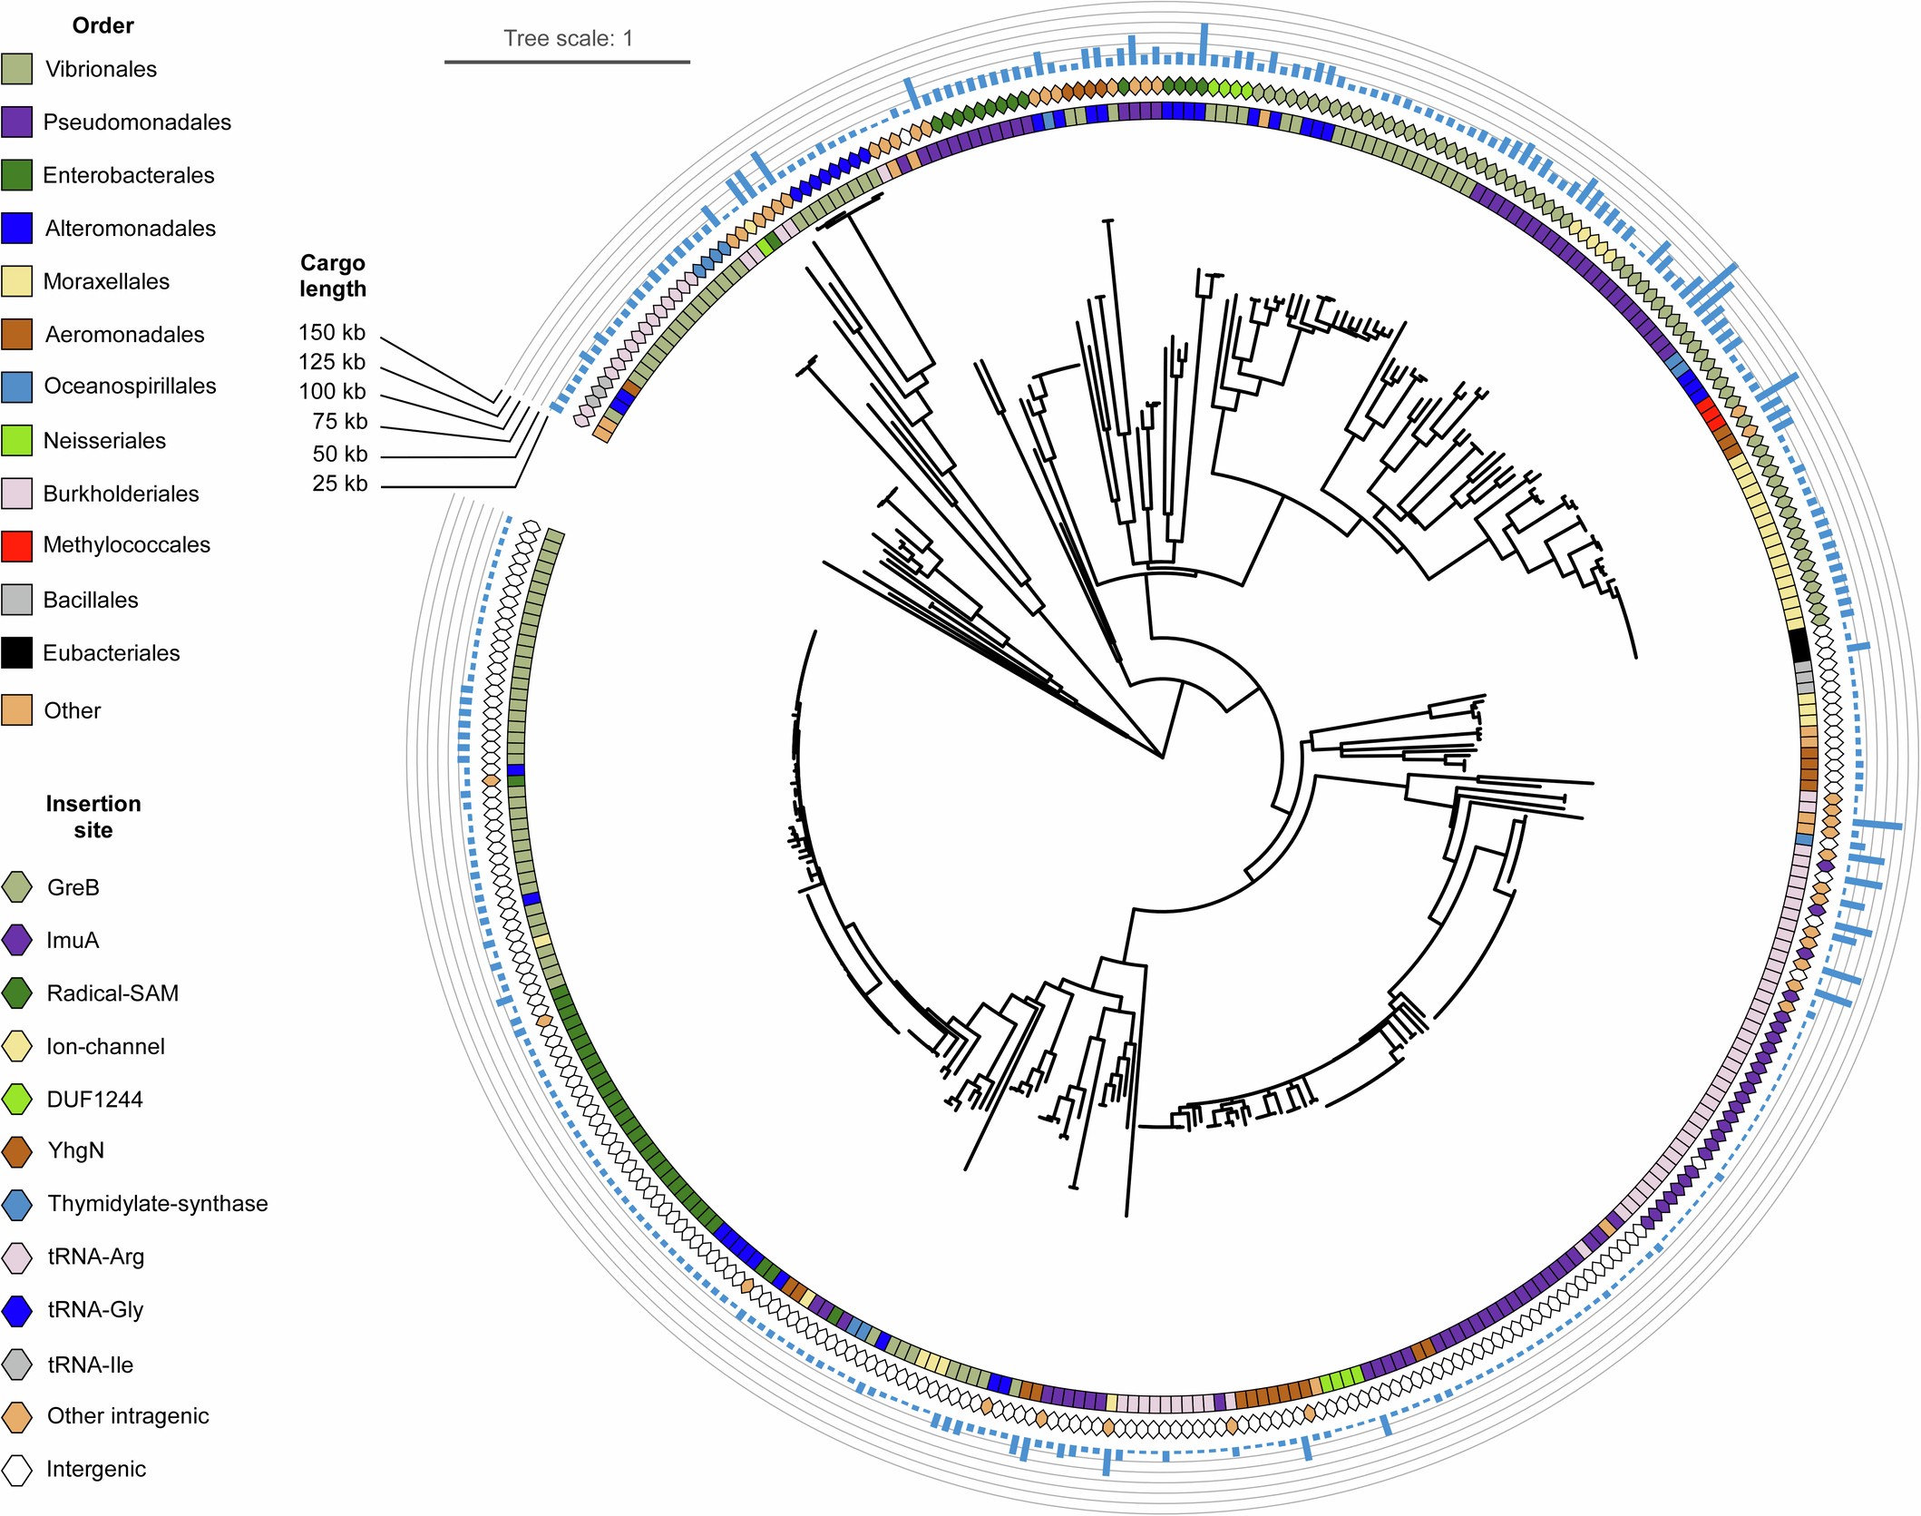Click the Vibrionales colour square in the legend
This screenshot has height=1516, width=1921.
point(17,69)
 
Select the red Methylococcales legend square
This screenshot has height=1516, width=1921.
point(17,545)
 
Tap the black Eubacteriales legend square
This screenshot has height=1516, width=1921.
point(17,652)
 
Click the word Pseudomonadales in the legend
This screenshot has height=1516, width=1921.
point(137,122)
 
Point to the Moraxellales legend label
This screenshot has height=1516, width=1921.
point(106,281)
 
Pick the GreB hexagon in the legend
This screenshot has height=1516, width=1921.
point(17,887)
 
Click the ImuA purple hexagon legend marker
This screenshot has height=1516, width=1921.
point(17,940)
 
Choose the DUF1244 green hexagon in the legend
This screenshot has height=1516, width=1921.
point(17,1099)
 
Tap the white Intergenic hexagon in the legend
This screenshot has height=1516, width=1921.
point(17,1469)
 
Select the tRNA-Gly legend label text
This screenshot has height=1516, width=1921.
point(95,1309)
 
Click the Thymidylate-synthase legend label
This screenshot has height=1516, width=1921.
point(158,1204)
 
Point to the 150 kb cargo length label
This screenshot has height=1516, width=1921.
point(332,333)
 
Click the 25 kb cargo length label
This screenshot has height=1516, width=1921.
point(340,484)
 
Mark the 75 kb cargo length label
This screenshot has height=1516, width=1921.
point(340,422)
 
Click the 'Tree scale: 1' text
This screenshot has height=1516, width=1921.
point(568,38)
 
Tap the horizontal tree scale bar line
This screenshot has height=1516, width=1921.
point(567,62)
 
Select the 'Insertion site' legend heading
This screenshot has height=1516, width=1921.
point(93,817)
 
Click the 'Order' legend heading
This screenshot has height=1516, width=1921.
point(102,25)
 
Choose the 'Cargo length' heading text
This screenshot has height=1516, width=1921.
point(333,276)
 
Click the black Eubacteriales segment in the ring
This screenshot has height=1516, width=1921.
point(1800,644)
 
